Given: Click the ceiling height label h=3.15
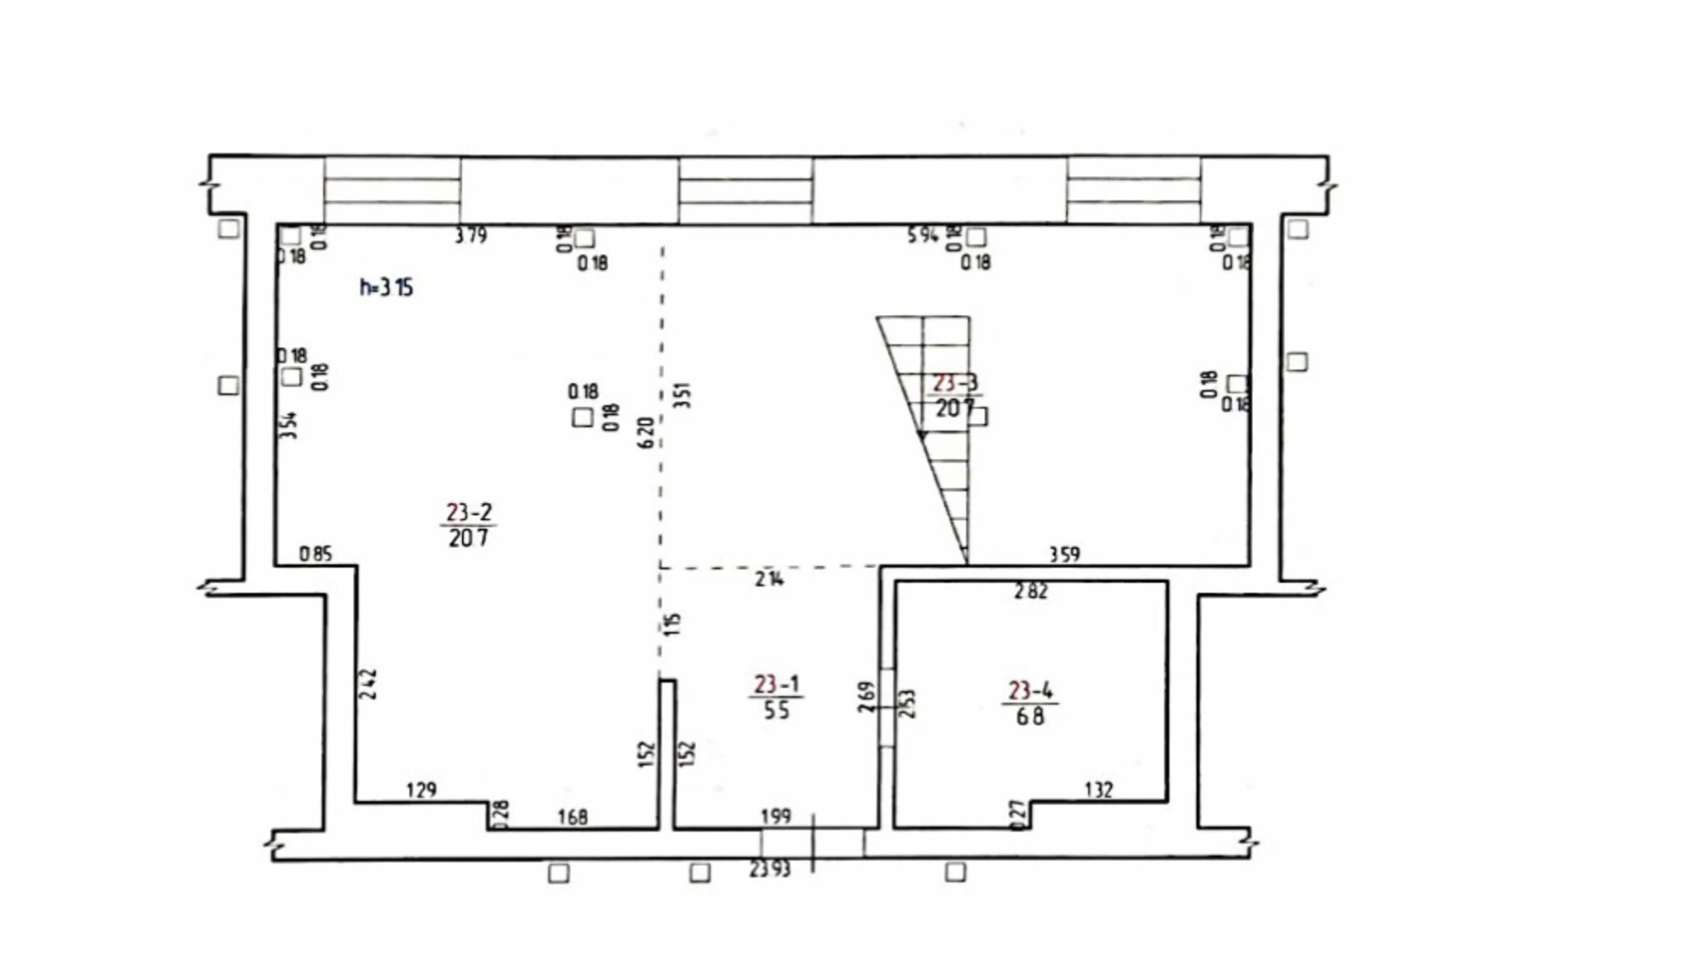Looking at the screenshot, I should click(386, 287).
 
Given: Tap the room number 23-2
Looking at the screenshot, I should click(468, 512).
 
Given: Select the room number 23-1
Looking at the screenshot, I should click(776, 684).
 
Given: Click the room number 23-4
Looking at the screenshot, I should click(1030, 691).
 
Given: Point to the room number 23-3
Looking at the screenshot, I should click(955, 383).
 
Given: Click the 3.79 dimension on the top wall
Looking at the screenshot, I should click(470, 236).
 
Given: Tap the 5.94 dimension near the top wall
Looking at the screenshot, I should click(922, 236).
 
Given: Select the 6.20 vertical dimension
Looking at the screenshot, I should click(646, 432).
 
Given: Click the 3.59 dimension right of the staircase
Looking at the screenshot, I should click(1064, 555).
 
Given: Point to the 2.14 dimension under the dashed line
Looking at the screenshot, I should click(770, 579).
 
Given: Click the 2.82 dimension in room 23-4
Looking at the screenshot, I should click(1030, 592).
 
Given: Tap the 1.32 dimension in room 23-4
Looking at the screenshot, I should click(1098, 790).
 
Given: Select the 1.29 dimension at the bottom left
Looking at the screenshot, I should click(421, 790).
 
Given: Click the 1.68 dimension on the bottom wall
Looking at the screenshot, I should click(572, 816).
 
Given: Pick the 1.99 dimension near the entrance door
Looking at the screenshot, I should click(775, 816).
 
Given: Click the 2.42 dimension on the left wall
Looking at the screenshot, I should click(368, 684).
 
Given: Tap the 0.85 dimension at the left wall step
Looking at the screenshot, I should click(315, 555).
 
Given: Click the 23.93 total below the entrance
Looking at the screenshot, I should click(770, 869).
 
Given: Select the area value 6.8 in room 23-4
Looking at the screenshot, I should click(1030, 716).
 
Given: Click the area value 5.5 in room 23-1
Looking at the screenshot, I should click(776, 710).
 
